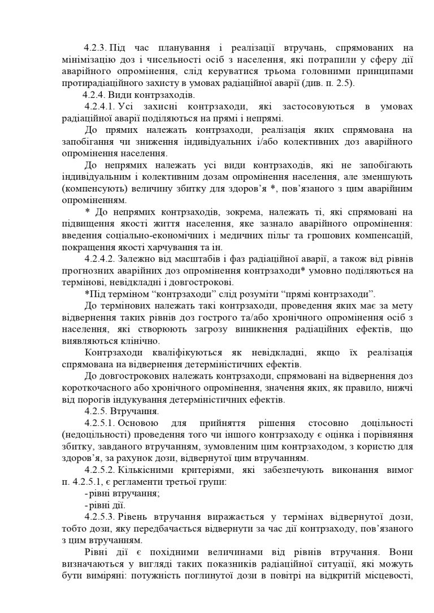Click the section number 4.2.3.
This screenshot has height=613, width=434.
(x=95, y=48)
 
